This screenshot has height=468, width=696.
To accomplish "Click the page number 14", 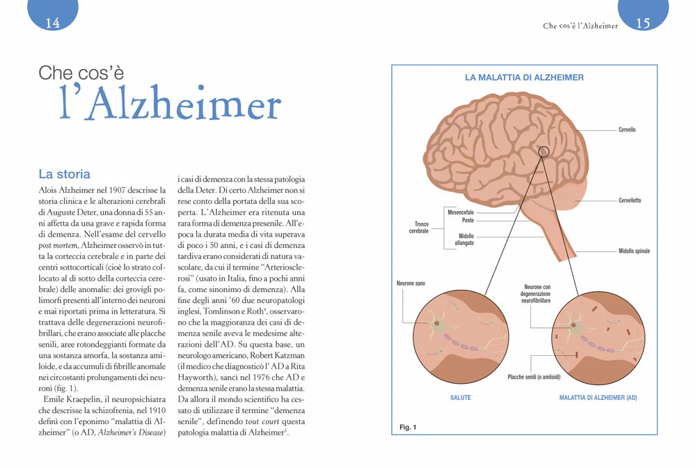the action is pos(52,23).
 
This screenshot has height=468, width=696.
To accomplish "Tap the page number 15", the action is pos(643,23).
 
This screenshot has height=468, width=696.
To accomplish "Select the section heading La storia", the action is pos(64,174).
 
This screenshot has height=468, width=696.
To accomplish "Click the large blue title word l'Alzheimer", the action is pos(171,103).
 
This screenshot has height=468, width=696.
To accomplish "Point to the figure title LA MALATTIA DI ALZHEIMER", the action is pos(524,77).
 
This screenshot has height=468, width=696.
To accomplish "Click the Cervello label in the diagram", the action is pos(627,130).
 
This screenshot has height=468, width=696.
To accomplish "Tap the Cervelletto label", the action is pos(630,201).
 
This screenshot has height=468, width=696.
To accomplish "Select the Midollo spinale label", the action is pos(634,251).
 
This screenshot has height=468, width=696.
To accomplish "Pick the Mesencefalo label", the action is pos(460,212).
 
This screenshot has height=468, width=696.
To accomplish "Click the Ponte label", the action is pos(468,220).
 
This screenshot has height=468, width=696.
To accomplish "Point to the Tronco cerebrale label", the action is pos(419,227).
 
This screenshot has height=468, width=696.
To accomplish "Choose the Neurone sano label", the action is pos(411,283).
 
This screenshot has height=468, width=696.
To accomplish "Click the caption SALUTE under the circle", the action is pos(460,398).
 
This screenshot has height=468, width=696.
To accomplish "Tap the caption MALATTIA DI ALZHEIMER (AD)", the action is pos(598,398).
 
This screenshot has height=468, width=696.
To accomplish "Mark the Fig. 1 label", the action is pos(408,427).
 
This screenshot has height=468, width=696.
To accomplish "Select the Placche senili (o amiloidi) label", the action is pos(534,377).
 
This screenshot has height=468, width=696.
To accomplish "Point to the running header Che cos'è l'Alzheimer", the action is pos(580,26).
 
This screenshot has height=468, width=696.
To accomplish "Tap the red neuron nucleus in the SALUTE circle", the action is pos(437,324).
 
